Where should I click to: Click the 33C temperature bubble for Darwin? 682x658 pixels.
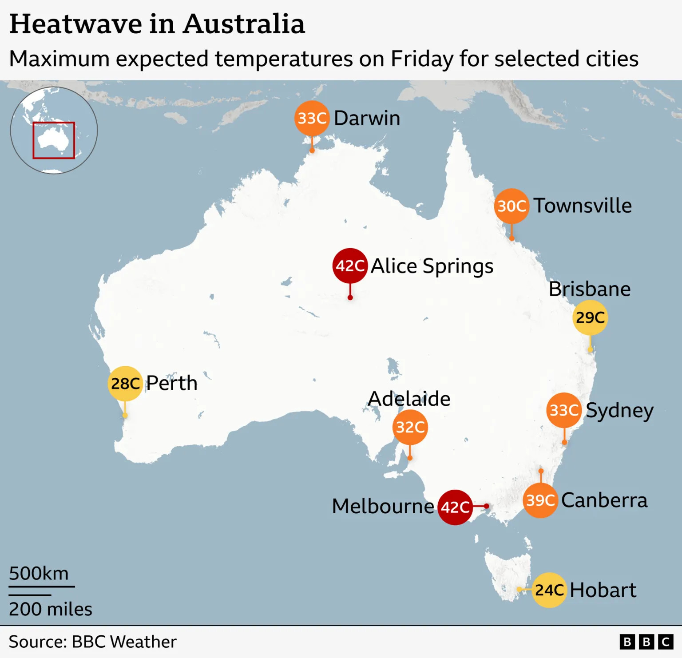(x=312, y=118)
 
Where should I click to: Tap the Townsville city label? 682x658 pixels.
(x=583, y=206)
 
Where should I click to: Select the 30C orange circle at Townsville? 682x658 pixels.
(x=511, y=206)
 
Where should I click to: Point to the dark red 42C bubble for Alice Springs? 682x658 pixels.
(x=350, y=266)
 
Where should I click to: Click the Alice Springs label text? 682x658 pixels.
(x=432, y=266)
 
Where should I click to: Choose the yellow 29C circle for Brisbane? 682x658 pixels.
(x=590, y=317)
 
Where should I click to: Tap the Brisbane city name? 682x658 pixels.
(x=590, y=289)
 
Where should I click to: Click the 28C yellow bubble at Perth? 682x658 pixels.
(x=125, y=383)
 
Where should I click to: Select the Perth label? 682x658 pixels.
(x=172, y=383)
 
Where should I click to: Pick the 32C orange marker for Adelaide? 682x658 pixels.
(x=410, y=427)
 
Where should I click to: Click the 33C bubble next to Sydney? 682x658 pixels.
(x=564, y=410)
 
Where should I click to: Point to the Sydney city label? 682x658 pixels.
(x=619, y=410)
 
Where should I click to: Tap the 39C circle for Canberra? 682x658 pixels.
(x=540, y=500)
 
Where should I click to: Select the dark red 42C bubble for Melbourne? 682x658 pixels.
(x=455, y=507)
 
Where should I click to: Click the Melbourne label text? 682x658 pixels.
(x=383, y=506)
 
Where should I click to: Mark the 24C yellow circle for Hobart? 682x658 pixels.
(x=549, y=590)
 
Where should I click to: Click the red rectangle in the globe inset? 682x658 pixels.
(x=54, y=140)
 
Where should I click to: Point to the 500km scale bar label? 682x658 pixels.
(x=39, y=573)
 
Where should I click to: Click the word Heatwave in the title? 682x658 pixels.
(x=75, y=24)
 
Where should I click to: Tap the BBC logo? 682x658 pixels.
(x=646, y=642)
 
